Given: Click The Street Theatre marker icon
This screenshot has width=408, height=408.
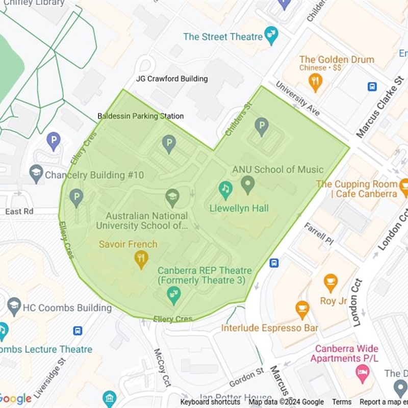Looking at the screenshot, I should [x=271, y=36].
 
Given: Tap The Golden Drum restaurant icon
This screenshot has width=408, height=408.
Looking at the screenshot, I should [x=316, y=82].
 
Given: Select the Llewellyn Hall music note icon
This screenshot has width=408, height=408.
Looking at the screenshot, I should [x=225, y=190].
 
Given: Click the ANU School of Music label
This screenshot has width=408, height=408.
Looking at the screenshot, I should [x=278, y=169].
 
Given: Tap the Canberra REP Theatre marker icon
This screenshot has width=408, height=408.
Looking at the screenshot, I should [x=174, y=295].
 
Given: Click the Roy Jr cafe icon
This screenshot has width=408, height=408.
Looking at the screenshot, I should [x=330, y=282].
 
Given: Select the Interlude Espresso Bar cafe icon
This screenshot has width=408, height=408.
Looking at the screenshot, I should [x=302, y=309].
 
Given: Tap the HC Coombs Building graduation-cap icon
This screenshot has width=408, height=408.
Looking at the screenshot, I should [x=14, y=306].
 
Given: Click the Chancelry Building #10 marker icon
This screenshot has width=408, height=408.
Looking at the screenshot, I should [x=36, y=173].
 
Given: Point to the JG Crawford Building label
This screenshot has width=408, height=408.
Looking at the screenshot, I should [x=172, y=79].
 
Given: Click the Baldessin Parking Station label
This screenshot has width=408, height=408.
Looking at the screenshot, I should [x=141, y=116].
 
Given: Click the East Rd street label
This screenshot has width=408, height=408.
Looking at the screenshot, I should [x=19, y=211].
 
